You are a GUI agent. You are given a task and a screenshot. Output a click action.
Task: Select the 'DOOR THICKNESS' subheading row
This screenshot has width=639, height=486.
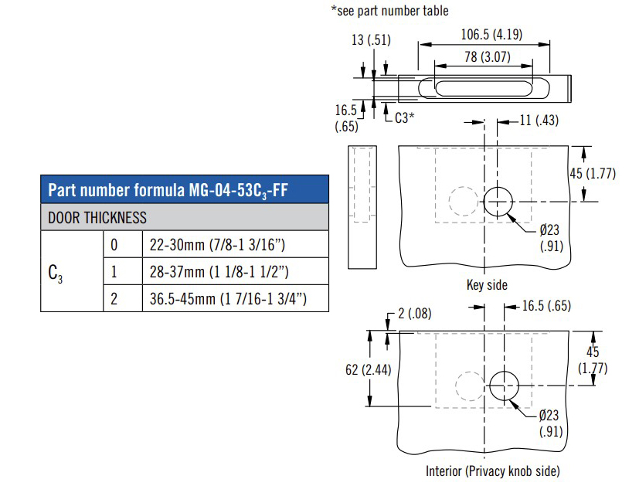[x=97, y=218]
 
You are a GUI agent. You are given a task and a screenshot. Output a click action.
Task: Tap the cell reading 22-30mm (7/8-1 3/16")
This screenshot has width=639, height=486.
[x=216, y=245]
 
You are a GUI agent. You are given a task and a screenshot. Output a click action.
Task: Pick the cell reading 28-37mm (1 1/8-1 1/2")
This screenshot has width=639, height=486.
[x=218, y=271]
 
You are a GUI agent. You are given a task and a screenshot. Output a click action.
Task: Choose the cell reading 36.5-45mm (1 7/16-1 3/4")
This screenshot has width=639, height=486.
[x=225, y=297]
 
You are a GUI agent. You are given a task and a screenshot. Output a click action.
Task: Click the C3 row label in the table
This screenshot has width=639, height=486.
[x=56, y=272]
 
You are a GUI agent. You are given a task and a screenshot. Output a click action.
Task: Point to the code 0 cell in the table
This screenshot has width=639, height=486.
[x=114, y=245]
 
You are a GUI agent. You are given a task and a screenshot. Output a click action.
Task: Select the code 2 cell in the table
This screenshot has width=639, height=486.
[x=114, y=297]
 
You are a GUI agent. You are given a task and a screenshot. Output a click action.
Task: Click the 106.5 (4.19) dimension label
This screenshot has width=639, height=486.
[x=493, y=34]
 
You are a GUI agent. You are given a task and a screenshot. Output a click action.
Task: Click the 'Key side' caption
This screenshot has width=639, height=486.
[x=487, y=285]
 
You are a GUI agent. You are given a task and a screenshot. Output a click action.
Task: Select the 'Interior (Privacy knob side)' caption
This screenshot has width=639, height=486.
[x=492, y=471]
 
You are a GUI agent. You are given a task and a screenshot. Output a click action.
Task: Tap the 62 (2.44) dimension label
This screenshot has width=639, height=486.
[x=368, y=370]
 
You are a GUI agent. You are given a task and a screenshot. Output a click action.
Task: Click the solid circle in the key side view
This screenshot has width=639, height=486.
[x=498, y=201]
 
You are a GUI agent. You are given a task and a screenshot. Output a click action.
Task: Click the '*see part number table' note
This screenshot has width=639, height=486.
[x=389, y=11]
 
